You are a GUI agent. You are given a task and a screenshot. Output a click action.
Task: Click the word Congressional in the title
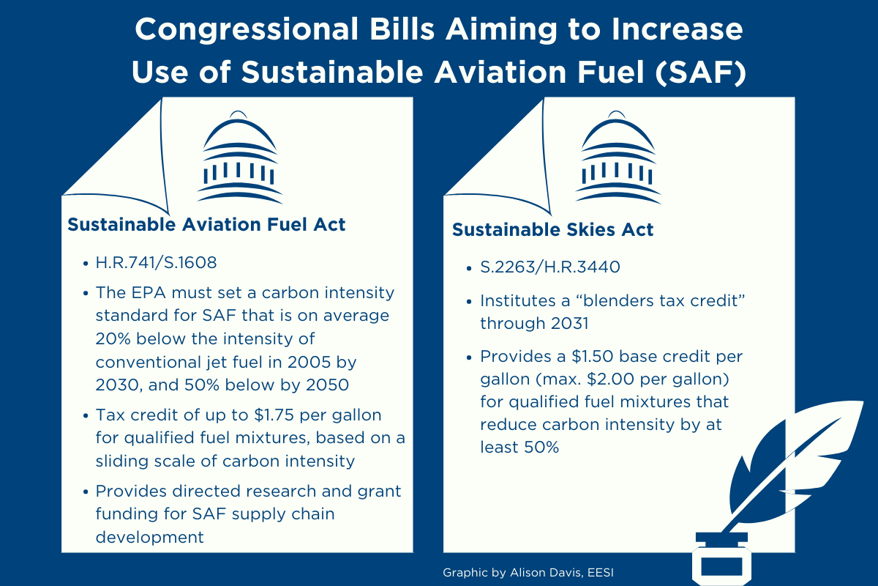tap(247, 30)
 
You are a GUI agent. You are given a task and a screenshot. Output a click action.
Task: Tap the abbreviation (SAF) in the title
tap(700, 73)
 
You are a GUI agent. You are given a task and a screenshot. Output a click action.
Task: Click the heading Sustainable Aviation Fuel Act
tap(206, 224)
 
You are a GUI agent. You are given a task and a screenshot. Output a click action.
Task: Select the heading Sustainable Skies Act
tap(552, 229)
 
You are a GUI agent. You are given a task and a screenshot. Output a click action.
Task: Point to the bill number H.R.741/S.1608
tap(156, 262)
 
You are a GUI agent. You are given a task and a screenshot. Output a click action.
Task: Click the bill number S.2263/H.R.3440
tap(550, 267)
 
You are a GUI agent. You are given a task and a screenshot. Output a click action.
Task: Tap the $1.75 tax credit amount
tap(274, 415)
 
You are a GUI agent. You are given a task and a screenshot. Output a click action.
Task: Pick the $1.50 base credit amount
tap(592, 357)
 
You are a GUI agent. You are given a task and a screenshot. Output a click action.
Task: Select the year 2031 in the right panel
tap(569, 324)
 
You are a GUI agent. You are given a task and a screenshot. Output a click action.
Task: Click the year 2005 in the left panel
tap(306, 362)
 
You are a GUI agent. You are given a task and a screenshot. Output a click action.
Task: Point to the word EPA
tap(149, 293)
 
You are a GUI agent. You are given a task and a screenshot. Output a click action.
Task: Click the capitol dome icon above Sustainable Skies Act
tap(618, 157)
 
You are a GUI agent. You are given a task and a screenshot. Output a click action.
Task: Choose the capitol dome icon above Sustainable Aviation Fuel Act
tap(239, 157)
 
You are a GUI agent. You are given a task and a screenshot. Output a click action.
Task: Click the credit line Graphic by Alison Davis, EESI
tap(528, 573)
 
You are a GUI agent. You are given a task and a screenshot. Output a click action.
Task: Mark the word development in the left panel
tap(150, 537)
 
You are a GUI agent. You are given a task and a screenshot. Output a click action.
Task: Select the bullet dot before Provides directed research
tap(86, 492)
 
